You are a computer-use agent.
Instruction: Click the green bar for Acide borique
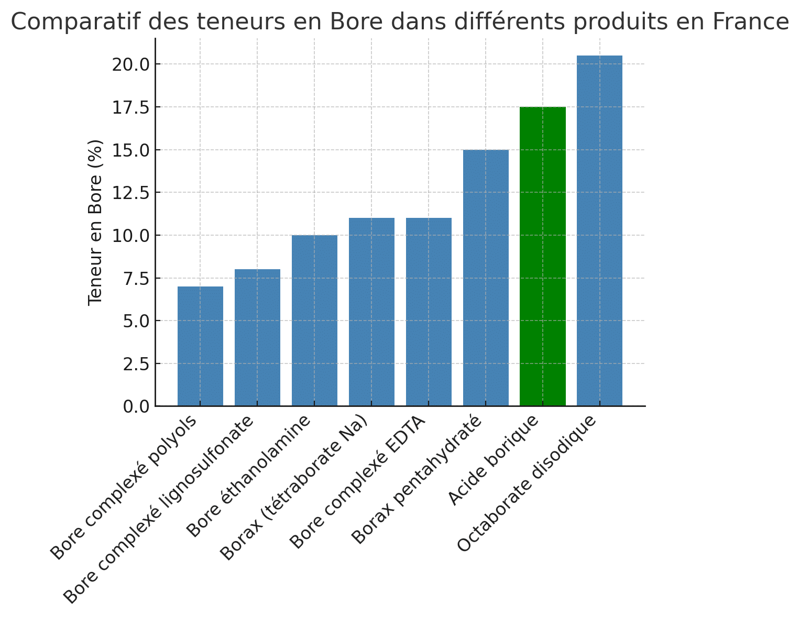[542, 256]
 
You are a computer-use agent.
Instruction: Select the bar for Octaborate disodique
[599, 230]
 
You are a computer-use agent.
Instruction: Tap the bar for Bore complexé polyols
[200, 346]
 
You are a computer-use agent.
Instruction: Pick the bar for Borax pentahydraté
[486, 278]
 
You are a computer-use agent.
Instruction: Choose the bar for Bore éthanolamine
[314, 321]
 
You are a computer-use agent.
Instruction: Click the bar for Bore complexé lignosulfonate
[257, 337]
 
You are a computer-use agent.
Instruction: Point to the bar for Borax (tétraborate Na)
[371, 312]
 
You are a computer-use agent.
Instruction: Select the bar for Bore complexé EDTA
[429, 312]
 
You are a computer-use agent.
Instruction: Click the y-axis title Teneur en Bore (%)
[95, 223]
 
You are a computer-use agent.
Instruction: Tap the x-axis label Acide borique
[494, 460]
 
